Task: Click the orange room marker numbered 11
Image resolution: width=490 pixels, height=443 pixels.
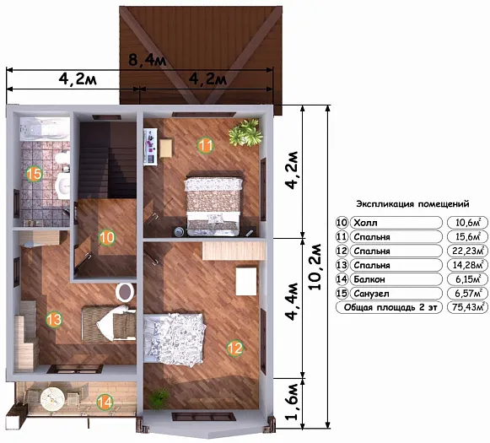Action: [205, 145]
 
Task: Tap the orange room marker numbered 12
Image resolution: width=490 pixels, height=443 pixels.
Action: [235, 348]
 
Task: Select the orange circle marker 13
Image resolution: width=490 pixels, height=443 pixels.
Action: [54, 320]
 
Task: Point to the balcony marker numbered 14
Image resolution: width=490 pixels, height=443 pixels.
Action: [105, 402]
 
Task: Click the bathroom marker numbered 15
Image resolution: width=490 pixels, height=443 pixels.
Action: [34, 174]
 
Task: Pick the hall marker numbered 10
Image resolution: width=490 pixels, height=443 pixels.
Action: [106, 238]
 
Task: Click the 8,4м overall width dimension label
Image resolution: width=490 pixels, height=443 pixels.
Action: [148, 59]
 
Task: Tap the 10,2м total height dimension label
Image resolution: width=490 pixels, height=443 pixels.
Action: [315, 267]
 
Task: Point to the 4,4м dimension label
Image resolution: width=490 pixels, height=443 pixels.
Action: [292, 301]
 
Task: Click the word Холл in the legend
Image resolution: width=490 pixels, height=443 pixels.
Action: [365, 223]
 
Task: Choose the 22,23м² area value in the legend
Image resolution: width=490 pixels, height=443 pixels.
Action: [467, 251]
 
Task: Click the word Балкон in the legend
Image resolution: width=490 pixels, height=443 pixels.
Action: [369, 279]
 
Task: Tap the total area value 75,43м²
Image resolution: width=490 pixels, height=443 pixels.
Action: [467, 307]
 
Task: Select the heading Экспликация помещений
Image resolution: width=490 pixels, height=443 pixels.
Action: [412, 204]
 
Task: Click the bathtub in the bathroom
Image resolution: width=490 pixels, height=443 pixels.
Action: [45, 129]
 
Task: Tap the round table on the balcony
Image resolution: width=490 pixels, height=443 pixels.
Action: [52, 399]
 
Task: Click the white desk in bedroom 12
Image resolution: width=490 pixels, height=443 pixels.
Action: [246, 281]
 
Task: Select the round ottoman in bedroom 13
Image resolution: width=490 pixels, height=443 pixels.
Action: [125, 292]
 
